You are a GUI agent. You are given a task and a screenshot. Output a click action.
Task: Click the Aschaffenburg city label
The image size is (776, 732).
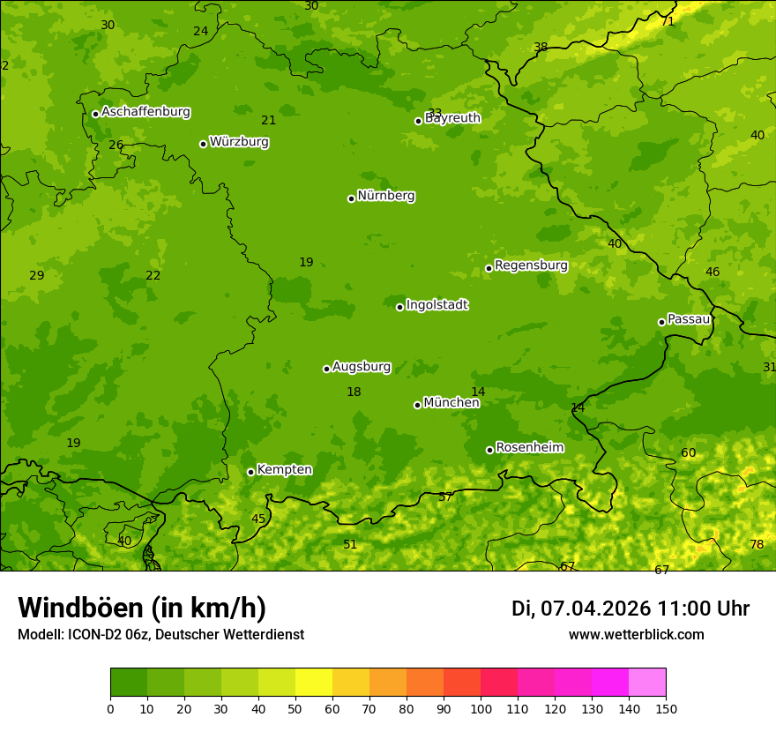pos(145,112)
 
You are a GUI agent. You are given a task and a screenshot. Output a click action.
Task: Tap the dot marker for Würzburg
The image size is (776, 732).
pos(203,144)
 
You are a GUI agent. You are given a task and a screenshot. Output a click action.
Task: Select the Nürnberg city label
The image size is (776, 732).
pos(386,196)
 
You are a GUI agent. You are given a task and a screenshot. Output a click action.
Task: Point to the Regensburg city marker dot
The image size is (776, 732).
pos(489,268)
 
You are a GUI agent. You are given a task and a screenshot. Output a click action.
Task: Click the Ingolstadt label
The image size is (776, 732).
pos(436,305)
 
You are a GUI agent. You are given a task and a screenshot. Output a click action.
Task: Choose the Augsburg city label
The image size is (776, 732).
pos(362,367)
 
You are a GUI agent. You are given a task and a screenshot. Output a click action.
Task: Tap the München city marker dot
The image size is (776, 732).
pos(417,405)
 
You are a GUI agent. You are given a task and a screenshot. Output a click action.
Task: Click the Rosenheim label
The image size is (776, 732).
pos(529,448)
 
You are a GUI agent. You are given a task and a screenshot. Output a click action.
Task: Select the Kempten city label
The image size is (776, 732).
pos(284,470)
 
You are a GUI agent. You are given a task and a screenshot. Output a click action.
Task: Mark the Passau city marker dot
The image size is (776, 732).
pos(661,322)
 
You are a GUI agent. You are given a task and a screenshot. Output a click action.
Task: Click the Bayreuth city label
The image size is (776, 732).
pos(453,118)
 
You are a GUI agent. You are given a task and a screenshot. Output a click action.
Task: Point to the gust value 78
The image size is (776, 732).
pos(757,544)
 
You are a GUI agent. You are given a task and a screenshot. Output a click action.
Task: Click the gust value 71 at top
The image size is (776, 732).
pos(668,21)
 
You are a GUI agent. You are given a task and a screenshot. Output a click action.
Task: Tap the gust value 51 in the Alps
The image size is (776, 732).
pos(350,544)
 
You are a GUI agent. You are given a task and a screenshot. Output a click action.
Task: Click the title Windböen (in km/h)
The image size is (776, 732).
pos(142,608)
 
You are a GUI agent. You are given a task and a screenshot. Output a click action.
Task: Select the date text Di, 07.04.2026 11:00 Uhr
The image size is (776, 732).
pos(630,609)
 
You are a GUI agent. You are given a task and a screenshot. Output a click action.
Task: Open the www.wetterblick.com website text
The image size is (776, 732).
pos(636,634)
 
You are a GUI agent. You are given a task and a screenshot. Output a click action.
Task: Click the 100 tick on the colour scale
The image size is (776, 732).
pos(481,708)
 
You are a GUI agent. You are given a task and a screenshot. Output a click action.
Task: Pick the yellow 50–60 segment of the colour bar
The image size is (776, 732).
pos(314,683)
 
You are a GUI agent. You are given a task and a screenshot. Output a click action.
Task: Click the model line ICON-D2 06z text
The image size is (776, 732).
pos(160,634)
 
